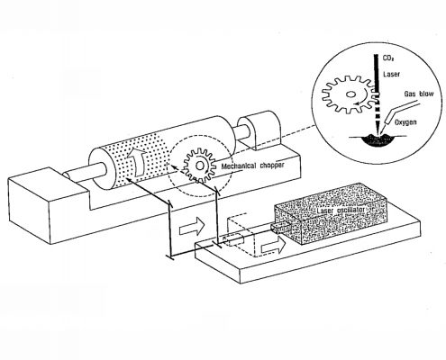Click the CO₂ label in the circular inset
click(x=387, y=58)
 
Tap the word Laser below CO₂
click(x=391, y=74)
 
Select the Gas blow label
click(x=419, y=94)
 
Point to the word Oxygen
click(x=405, y=122)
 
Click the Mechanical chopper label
click(x=252, y=166)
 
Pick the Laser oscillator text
click(x=341, y=211)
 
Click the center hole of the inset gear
click(x=350, y=94)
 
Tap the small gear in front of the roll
click(x=200, y=166)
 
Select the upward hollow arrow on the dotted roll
click(x=137, y=161)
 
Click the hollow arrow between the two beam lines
click(x=192, y=226)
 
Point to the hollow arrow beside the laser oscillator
click(x=274, y=246)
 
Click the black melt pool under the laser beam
click(x=378, y=140)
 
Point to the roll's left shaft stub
click(x=86, y=172)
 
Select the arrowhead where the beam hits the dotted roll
click(x=128, y=179)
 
